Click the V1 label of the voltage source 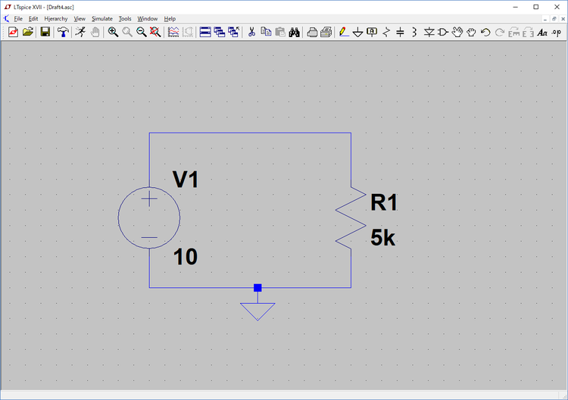click(x=186, y=180)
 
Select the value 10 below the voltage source click(x=186, y=257)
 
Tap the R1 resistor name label click(x=384, y=202)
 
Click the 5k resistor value click(x=383, y=238)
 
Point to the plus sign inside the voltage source click(x=149, y=198)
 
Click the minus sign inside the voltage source click(x=149, y=238)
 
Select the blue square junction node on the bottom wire click(x=257, y=288)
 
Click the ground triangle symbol click(x=257, y=311)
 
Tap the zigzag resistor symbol click(x=351, y=217)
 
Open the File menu click(x=18, y=19)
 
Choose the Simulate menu click(x=102, y=19)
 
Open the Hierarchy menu click(x=56, y=19)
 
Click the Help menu click(x=170, y=19)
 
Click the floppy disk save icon click(x=45, y=33)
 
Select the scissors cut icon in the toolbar click(x=251, y=33)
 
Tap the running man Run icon click(x=80, y=33)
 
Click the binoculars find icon click(x=294, y=33)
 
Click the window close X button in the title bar click(x=557, y=7)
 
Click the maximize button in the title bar click(x=536, y=7)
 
